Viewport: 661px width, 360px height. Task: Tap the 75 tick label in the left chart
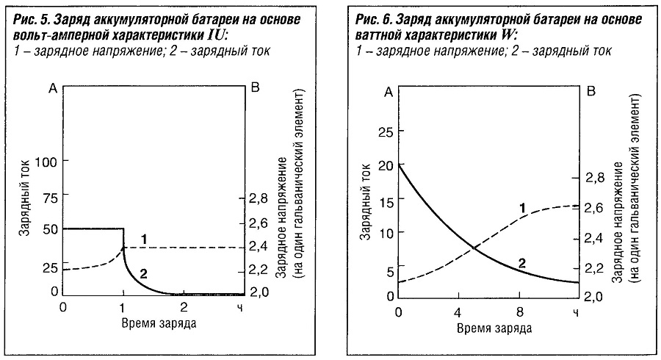click(50, 197)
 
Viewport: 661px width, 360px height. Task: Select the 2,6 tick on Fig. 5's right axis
click(259, 223)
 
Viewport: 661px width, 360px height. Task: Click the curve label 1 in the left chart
click(145, 239)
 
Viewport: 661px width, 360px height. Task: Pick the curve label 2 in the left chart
click(145, 274)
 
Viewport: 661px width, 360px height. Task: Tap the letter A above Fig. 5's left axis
click(51, 88)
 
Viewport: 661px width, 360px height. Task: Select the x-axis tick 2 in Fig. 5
click(184, 306)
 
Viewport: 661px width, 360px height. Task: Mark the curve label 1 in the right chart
click(522, 209)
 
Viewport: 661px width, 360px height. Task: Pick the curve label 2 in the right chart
click(521, 262)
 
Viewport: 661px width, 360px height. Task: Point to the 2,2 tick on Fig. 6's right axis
click(595, 267)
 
